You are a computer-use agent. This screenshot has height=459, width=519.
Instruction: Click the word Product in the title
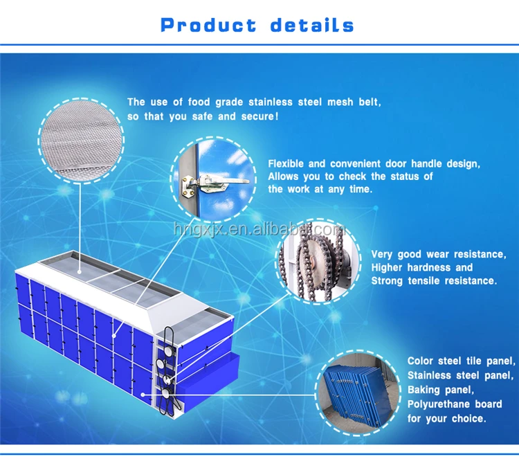208,26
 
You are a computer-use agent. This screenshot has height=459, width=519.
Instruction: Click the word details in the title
312,26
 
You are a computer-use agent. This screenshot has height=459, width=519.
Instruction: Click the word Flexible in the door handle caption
286,164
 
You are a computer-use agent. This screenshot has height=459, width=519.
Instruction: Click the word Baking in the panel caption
424,390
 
